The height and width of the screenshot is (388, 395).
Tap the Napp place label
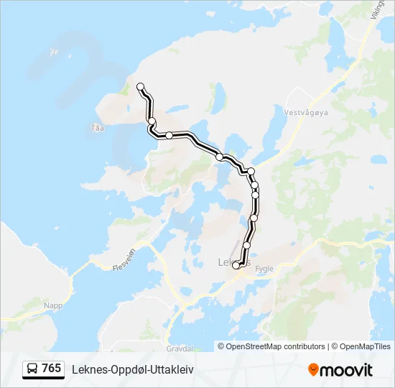pos(53,305)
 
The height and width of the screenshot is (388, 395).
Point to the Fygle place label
pos(264,269)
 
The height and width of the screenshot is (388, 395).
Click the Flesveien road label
pos(124,260)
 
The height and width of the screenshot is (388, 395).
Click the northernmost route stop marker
pos(141,87)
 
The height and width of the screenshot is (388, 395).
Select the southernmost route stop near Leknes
pos(236,266)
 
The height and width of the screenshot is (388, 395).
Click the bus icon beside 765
pos(32,369)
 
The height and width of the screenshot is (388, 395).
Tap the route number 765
pos(51,369)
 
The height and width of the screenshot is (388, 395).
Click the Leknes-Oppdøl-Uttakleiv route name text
pos(133,369)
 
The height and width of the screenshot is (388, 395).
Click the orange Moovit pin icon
pos(313,370)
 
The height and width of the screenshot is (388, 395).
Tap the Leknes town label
pos(228,262)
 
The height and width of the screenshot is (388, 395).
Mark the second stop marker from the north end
pos(152,121)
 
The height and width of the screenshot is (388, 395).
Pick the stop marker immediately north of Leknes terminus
pos(247,246)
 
